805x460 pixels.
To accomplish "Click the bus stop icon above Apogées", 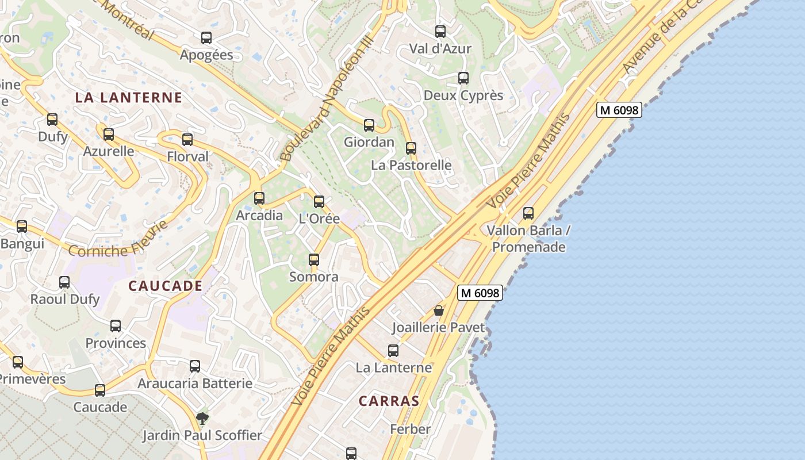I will tap(206, 38).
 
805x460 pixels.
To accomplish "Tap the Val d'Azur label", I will tap(440, 49).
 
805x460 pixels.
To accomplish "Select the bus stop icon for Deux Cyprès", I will tap(463, 78).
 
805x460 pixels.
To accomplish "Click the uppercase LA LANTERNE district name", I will tap(129, 98).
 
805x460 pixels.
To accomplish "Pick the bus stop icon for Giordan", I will tap(369, 125).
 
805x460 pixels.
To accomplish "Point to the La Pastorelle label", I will tap(411, 165).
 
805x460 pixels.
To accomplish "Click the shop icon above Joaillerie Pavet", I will tap(439, 310).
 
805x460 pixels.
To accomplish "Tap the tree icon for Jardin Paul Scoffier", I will tap(202, 418).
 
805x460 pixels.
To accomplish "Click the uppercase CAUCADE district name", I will tap(165, 286).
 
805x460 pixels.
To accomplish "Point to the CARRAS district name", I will tap(389, 401).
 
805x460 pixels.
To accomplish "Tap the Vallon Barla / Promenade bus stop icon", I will tap(528, 213).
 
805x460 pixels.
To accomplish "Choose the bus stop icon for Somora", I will tap(314, 260).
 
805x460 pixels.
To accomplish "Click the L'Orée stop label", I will tap(319, 219).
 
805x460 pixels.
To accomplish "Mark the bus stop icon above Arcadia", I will tap(259, 198).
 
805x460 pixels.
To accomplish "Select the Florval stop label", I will tap(188, 156).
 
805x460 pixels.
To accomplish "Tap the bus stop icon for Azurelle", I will tap(109, 135).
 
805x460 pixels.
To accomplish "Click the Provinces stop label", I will tap(116, 343).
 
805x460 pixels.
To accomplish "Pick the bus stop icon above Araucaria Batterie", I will tap(195, 366).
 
